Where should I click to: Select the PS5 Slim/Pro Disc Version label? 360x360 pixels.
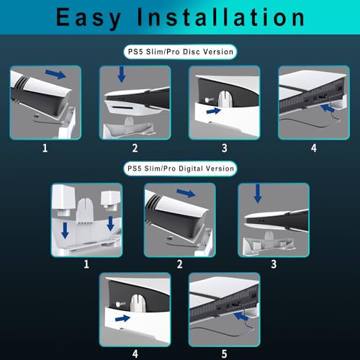coord(180,53)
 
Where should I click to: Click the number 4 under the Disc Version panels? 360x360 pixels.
coord(313,149)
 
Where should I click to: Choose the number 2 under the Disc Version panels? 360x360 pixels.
coord(135,149)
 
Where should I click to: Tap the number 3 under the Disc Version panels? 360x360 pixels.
coord(224,149)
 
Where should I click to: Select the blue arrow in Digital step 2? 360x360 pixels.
coord(186,194)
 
